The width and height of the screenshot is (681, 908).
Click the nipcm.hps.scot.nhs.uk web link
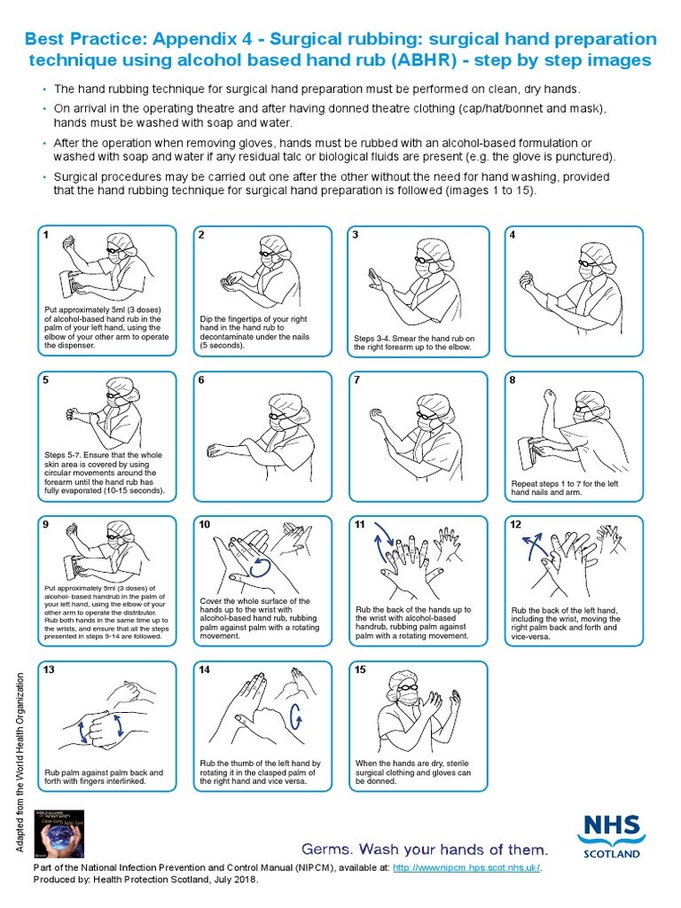pos(466,867)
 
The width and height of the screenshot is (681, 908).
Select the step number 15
pos(360,669)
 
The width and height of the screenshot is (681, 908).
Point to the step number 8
pos(513,380)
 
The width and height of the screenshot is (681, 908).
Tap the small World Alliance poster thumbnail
pos(58,829)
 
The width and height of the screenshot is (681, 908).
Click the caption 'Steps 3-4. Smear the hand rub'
pos(414,342)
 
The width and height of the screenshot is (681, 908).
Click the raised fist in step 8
pos(551,395)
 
